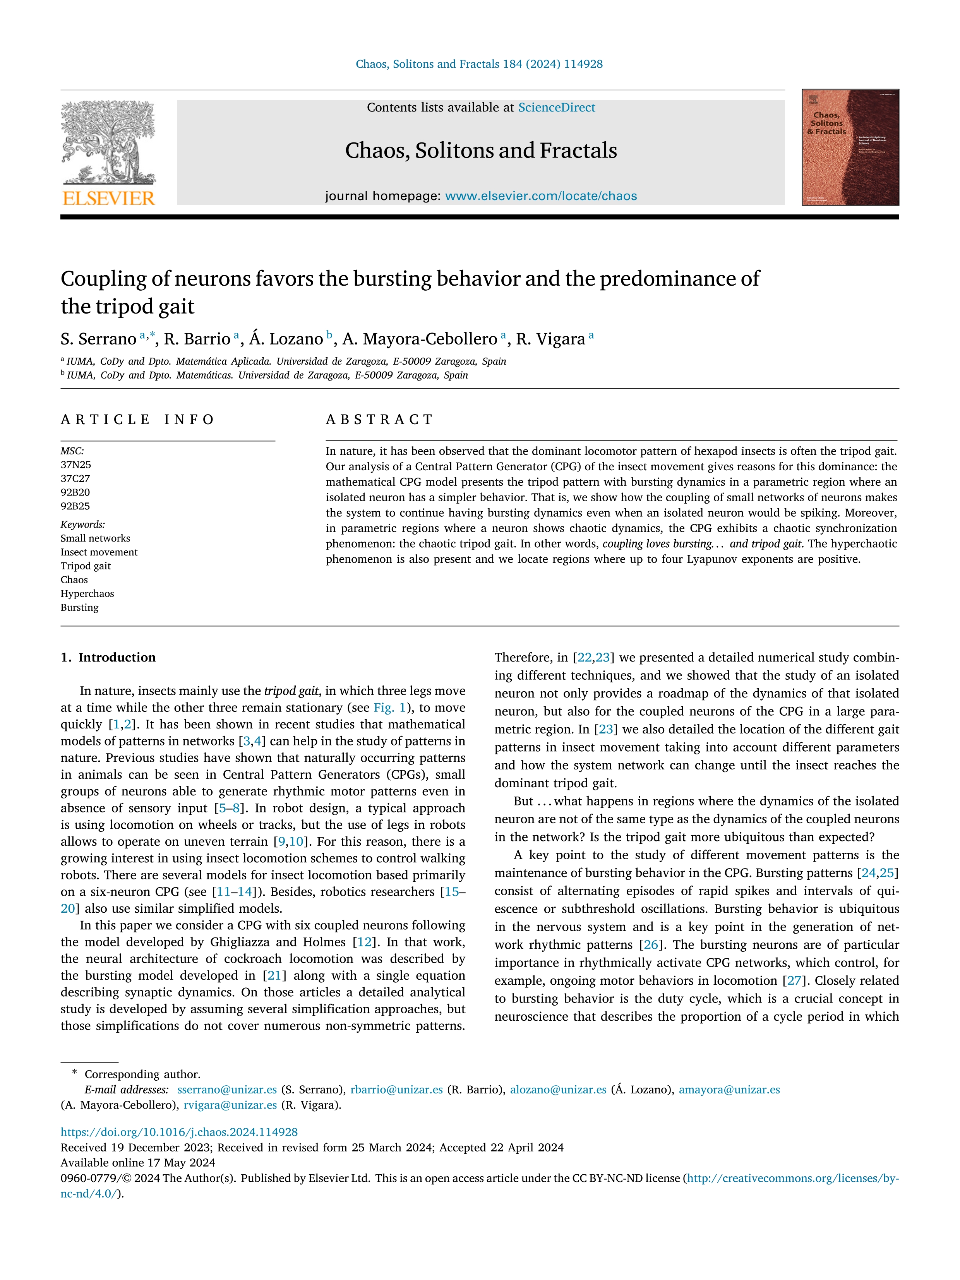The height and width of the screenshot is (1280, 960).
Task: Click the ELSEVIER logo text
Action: (109, 199)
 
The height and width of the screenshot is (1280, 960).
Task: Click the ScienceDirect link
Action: (556, 108)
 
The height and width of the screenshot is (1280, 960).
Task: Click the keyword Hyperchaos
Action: (87, 594)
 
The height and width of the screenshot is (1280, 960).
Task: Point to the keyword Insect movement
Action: (99, 552)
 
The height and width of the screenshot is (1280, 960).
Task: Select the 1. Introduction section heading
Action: (108, 657)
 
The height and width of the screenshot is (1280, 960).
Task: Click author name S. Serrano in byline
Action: (98, 339)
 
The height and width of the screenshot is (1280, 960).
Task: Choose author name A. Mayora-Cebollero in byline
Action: (420, 339)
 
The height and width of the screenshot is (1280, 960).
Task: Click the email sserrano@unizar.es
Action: (227, 1090)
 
